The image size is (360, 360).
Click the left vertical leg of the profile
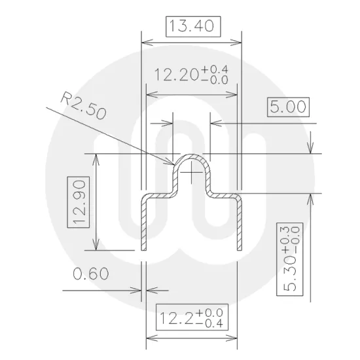(x=145, y=223)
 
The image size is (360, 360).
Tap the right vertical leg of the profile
(x=239, y=223)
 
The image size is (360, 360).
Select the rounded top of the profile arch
(x=191, y=156)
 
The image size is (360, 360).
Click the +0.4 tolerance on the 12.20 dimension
(x=215, y=69)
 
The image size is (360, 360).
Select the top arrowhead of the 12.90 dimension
(x=97, y=157)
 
